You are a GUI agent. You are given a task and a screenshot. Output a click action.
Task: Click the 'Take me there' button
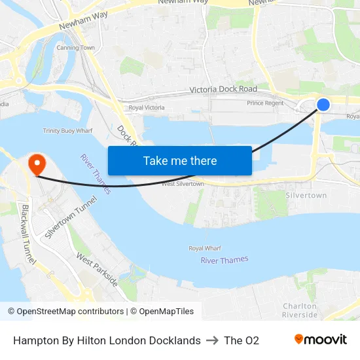pos(180,160)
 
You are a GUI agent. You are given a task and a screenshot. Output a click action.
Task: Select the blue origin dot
pos(323,105)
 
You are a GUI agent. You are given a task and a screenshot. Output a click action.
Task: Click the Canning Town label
pos(75,48)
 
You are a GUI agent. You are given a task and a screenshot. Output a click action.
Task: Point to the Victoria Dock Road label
pos(223,89)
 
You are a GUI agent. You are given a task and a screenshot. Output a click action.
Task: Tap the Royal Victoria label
pos(145,107)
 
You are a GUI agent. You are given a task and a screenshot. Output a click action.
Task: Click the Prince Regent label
pos(266,103)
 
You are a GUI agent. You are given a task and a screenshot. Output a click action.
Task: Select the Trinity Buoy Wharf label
pos(68,131)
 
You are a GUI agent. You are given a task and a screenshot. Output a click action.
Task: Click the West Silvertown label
pos(183,184)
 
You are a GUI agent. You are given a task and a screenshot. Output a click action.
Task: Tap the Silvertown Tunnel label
pos(70,218)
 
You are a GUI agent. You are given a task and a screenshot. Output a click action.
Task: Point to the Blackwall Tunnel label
pos(29,234)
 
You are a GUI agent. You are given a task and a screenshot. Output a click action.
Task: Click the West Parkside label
pos(96,270)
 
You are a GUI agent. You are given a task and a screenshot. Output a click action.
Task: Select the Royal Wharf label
pos(206,249)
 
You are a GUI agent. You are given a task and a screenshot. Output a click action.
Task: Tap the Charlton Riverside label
pos(300,310)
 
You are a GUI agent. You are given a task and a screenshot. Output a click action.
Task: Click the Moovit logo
pos(321,340)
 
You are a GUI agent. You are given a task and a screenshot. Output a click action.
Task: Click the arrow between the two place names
pos(212,340)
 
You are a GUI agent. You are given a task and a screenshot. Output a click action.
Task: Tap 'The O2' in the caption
pos(242,340)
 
